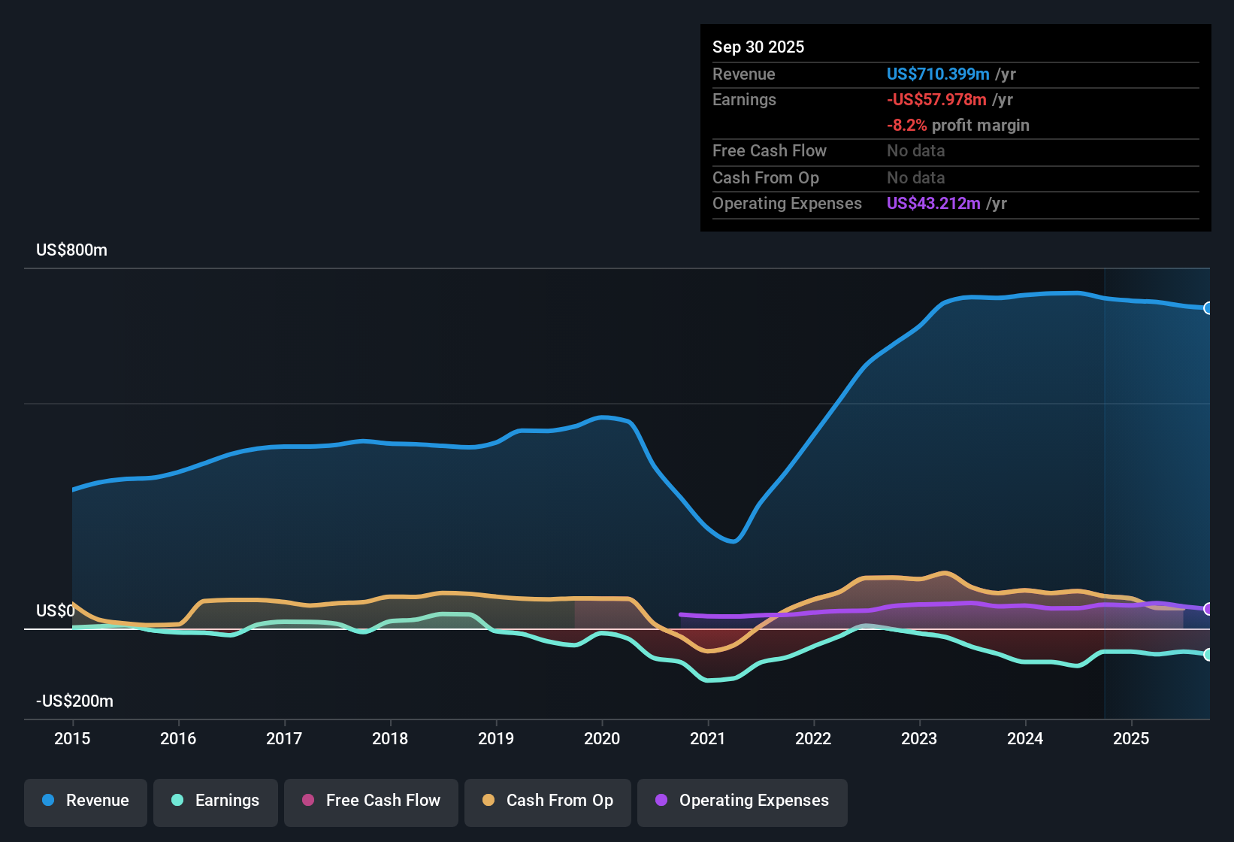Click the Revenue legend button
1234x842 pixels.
(x=86, y=801)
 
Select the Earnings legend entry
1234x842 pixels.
(x=216, y=801)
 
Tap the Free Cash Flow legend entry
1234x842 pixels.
(x=371, y=801)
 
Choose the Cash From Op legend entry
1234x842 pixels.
(x=548, y=801)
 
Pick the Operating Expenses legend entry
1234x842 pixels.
(x=743, y=801)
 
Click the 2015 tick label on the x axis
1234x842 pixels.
(x=72, y=738)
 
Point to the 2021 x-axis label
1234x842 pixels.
(x=707, y=738)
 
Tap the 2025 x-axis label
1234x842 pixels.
(x=1130, y=738)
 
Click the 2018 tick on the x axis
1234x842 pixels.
(x=390, y=738)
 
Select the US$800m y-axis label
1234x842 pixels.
(x=71, y=250)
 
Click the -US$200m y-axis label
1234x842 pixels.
(x=74, y=701)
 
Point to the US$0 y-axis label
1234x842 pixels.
(x=55, y=611)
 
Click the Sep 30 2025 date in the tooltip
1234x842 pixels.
(x=758, y=47)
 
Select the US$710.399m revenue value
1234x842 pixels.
(x=937, y=74)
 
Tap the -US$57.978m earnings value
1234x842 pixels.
(x=936, y=100)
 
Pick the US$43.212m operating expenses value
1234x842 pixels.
(x=933, y=204)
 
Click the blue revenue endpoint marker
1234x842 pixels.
(x=1208, y=308)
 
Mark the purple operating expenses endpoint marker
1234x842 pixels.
(x=1208, y=609)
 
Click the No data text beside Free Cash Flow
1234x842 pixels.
(x=915, y=151)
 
